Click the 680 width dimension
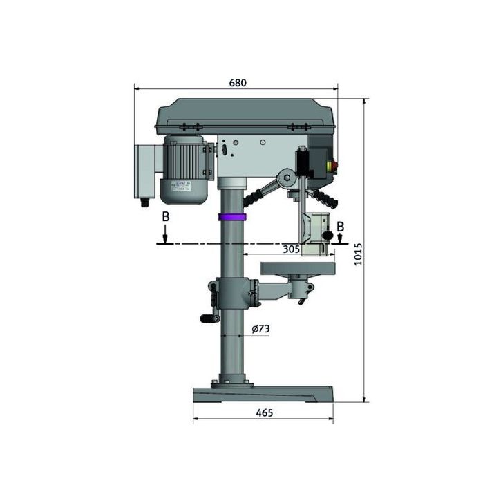pyautogui.click(x=237, y=83)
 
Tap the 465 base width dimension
pyautogui.click(x=264, y=412)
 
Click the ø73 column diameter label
pyautogui.click(x=260, y=330)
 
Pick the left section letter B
pyautogui.click(x=164, y=217)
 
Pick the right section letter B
pyautogui.click(x=340, y=225)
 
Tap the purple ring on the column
pyautogui.click(x=232, y=217)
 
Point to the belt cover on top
pyautogui.click(x=245, y=115)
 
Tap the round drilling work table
pyautogui.click(x=297, y=267)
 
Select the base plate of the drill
pyautogui.click(x=263, y=394)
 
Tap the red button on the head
pyautogui.click(x=336, y=166)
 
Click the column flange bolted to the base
pyautogui.click(x=231, y=381)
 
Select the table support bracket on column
pyautogui.click(x=235, y=294)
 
